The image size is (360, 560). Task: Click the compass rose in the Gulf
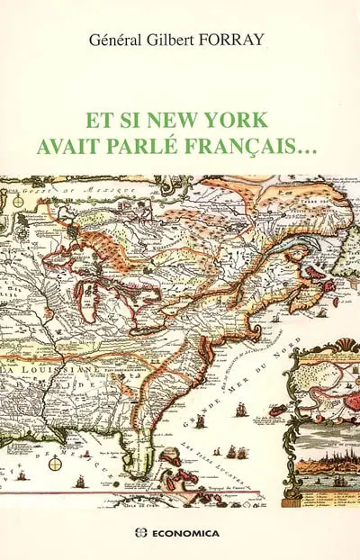55,463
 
